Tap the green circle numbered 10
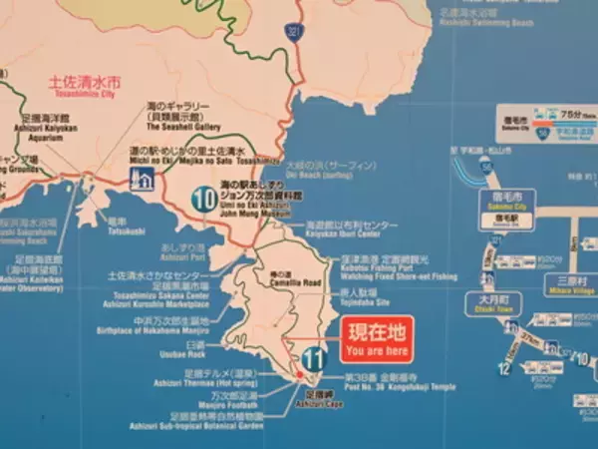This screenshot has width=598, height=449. (205, 199)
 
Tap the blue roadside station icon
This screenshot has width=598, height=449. (144, 180)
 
